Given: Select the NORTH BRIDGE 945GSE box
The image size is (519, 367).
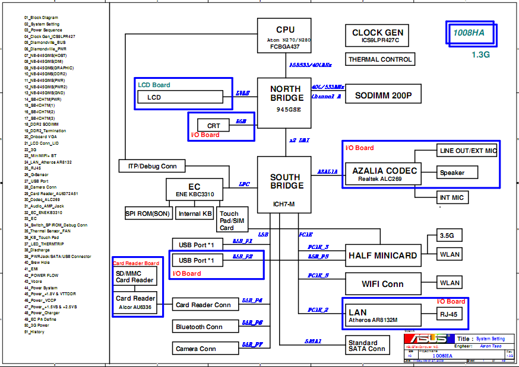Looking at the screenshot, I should (x=284, y=102).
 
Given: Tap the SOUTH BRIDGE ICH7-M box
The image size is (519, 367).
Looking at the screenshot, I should (x=284, y=184).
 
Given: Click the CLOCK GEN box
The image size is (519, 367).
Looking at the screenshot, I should (x=377, y=36).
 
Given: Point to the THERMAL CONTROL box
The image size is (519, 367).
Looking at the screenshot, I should (x=379, y=59).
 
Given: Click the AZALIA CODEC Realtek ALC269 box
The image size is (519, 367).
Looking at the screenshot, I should (x=384, y=173).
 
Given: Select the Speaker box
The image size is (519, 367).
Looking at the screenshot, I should (x=458, y=173).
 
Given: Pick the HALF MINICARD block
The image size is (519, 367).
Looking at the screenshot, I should (x=382, y=255).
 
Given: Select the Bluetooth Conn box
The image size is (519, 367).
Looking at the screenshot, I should (x=199, y=326).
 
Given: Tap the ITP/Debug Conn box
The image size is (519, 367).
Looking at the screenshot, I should (x=152, y=167).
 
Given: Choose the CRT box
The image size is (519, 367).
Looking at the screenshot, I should (x=214, y=126).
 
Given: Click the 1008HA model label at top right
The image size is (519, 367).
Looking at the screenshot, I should (x=470, y=33).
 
